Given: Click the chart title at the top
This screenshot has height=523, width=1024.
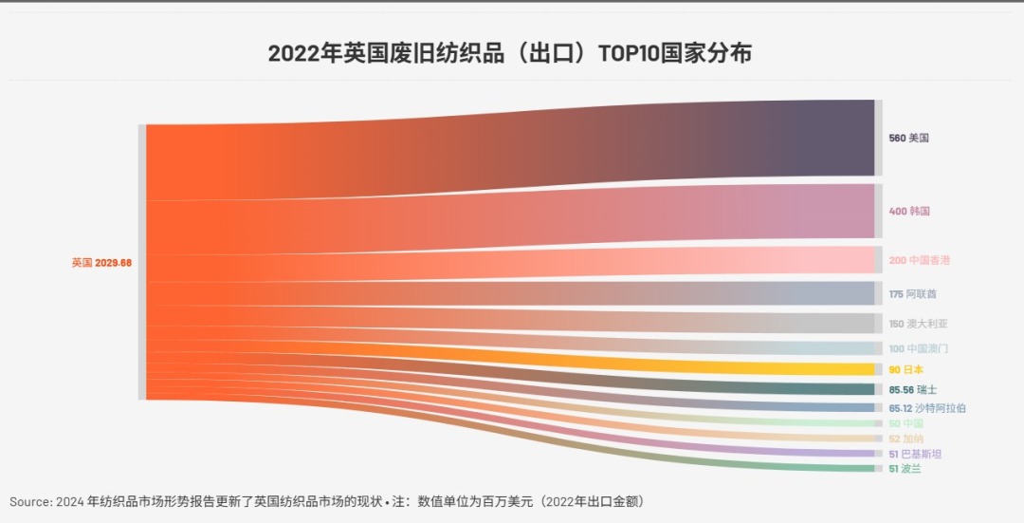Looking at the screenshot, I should (x=509, y=53).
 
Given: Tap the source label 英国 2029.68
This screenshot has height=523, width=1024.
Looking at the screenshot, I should (x=101, y=263).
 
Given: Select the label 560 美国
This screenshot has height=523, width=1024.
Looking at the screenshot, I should (x=908, y=139).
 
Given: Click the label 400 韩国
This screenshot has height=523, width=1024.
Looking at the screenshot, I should (x=909, y=211).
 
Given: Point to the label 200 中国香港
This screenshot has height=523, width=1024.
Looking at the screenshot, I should (x=919, y=260).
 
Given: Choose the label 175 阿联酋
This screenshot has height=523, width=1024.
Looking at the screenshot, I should (x=912, y=294).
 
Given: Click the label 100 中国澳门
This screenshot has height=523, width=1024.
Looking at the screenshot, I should (x=918, y=348).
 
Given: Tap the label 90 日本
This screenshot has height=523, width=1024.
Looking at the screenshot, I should (x=905, y=370).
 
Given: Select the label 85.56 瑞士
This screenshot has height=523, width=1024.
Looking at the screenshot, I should (x=913, y=389).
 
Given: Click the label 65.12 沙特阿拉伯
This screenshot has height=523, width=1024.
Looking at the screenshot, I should (x=927, y=408).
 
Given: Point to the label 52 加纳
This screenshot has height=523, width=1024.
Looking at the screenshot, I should (x=905, y=439).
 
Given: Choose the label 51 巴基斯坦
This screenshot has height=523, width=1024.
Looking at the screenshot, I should (x=915, y=454).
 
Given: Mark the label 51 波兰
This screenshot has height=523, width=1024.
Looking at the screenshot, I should (x=905, y=469).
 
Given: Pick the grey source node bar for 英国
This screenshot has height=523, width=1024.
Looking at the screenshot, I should (x=142, y=262).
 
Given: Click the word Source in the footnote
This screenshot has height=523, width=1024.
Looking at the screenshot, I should (x=28, y=501).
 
